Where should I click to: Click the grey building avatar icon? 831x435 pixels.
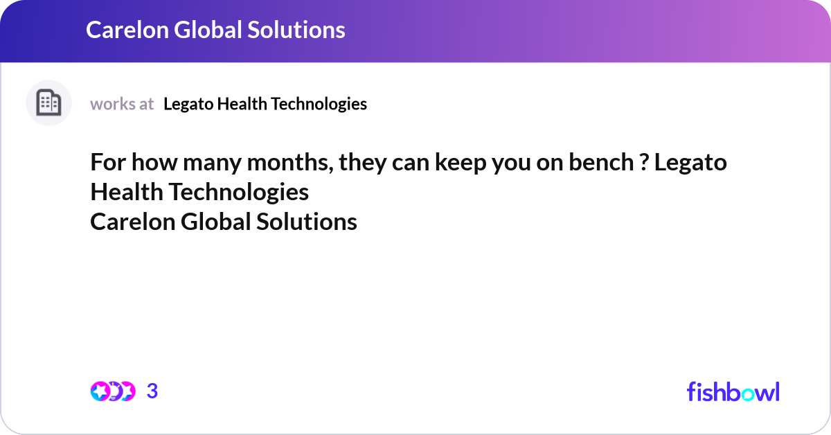[x=48, y=103]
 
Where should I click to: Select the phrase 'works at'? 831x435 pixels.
[x=122, y=104]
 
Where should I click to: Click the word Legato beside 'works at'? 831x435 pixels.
[x=188, y=104]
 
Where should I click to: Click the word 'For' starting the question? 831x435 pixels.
[x=107, y=163]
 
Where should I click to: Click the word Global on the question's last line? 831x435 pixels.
[x=216, y=222]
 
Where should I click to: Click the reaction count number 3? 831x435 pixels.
[x=152, y=391]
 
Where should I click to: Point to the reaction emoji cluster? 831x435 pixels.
[x=112, y=391]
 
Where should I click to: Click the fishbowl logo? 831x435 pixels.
[x=733, y=391]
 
